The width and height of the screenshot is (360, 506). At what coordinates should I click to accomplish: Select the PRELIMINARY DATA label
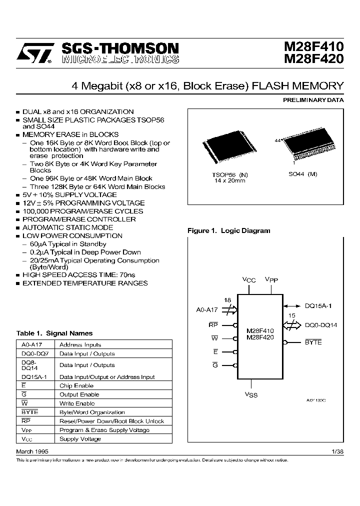(x=313, y=100)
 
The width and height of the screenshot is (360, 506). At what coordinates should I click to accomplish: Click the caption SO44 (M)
(x=303, y=174)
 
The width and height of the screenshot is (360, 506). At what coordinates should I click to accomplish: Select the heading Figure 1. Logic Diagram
(x=228, y=231)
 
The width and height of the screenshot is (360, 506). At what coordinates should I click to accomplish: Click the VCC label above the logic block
(x=249, y=280)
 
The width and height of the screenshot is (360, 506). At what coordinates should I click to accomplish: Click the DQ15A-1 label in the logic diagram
(x=318, y=306)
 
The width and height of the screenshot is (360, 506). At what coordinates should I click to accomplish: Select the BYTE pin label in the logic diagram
(x=313, y=342)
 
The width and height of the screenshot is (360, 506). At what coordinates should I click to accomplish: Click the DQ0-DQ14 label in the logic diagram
(x=321, y=325)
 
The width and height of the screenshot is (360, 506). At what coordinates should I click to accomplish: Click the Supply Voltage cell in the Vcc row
(x=80, y=439)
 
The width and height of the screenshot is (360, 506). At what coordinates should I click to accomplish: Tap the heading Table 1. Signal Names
(x=54, y=333)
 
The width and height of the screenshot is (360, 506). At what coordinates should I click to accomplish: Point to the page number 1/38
(x=337, y=451)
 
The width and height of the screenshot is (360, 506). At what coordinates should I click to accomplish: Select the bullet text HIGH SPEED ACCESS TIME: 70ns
(x=79, y=275)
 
